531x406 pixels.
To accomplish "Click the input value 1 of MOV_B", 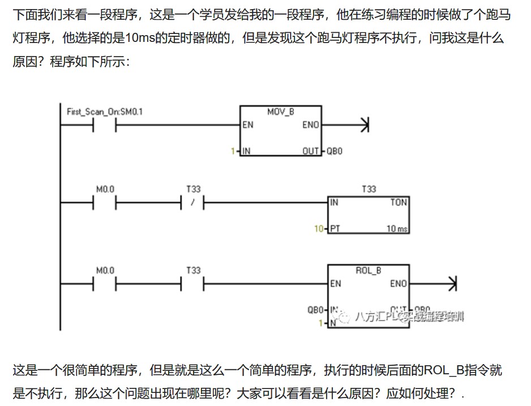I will click(x=232, y=151).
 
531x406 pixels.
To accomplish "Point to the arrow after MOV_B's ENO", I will click(x=364, y=125).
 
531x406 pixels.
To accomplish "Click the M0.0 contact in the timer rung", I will click(x=105, y=203).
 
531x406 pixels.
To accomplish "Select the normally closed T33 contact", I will click(x=193, y=203).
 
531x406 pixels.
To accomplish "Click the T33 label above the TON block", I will click(x=368, y=189).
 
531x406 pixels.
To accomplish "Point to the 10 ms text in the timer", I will click(x=397, y=229).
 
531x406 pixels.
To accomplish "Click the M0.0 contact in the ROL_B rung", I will click(x=105, y=284).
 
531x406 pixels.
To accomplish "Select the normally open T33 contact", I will click(x=193, y=284).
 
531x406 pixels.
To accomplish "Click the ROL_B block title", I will click(x=368, y=270).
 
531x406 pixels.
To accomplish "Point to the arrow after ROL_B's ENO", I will click(x=451, y=284).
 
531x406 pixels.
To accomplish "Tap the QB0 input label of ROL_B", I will click(x=315, y=310).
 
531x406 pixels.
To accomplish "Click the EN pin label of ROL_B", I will click(x=336, y=284).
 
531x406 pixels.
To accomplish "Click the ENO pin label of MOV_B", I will click(x=311, y=125).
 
